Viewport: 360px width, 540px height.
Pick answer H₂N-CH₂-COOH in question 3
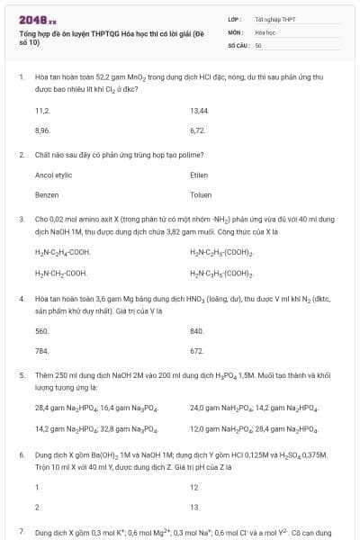pyautogui.click(x=61, y=272)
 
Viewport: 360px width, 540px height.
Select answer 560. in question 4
pyautogui.click(x=42, y=330)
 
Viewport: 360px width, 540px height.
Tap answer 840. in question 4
pyautogui.click(x=197, y=330)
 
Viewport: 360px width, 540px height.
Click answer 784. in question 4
pyautogui.click(x=42, y=350)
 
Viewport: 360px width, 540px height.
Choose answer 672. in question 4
pyautogui.click(x=197, y=350)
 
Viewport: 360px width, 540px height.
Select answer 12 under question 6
pyautogui.click(x=193, y=487)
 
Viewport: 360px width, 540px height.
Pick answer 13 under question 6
pyautogui.click(x=193, y=507)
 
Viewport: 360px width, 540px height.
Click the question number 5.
pyautogui.click(x=22, y=373)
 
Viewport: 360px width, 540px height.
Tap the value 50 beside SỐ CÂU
pyautogui.click(x=258, y=44)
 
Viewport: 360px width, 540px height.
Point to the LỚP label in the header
pyautogui.click(x=235, y=19)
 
